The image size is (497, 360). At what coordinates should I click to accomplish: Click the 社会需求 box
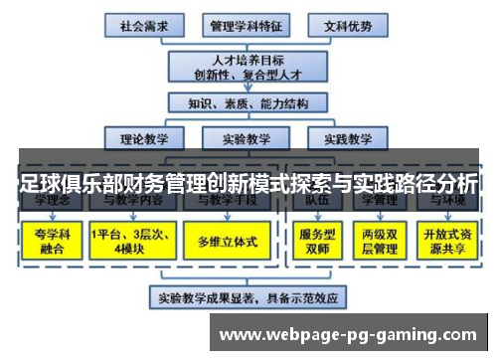coord(143,24)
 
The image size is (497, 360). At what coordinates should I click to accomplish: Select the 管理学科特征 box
coord(243,24)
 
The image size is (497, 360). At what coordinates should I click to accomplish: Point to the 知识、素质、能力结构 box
coord(242,103)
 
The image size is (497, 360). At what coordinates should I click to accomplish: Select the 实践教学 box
coord(341,138)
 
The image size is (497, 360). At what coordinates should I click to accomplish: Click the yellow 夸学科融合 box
coord(50,240)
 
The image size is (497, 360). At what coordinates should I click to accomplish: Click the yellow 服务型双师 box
coord(319,240)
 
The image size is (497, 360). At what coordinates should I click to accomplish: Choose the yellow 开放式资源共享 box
coord(446,240)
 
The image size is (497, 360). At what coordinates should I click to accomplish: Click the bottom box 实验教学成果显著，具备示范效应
coord(243,296)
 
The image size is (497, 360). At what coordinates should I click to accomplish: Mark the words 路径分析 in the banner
coord(431,183)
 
